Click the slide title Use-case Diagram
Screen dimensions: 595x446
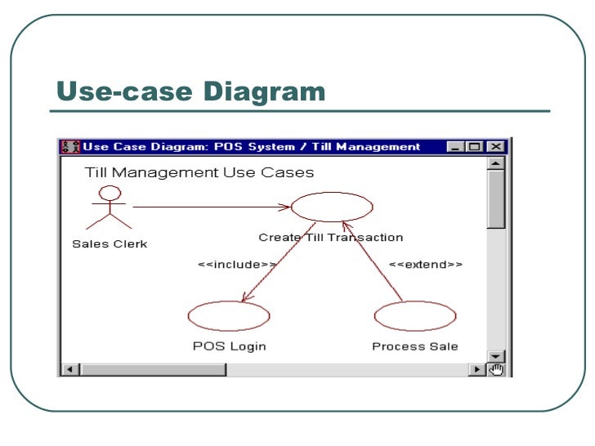coord(190,91)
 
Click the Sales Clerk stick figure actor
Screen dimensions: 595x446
coord(109,207)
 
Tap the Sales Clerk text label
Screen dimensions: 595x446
coord(110,243)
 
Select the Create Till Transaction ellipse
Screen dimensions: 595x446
coord(332,207)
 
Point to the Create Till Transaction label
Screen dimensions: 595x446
coord(331,238)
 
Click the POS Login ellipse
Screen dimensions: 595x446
coord(229,315)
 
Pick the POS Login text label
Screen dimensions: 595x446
coord(230,346)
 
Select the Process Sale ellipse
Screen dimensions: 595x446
coord(415,315)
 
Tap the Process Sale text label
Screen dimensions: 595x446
coord(415,346)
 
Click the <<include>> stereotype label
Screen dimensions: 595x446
coord(237,265)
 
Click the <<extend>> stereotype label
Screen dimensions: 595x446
coord(425,265)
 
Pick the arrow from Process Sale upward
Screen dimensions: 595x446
coord(373,261)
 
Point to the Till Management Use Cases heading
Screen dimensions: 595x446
coord(199,172)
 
